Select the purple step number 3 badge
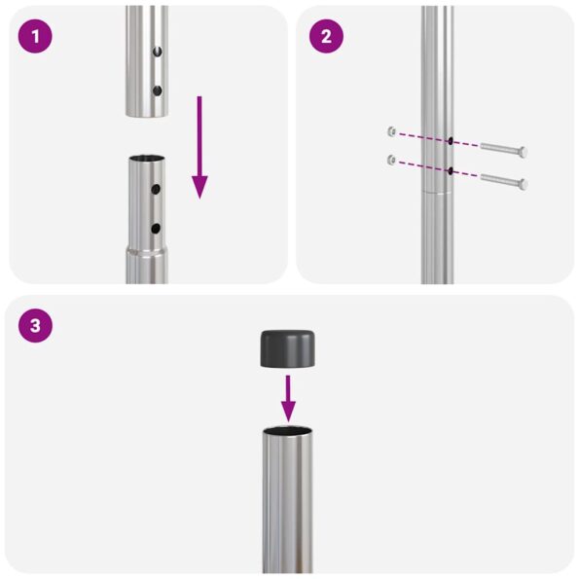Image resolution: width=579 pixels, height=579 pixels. tap(35, 325)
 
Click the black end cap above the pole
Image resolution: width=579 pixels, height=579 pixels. tap(289, 348)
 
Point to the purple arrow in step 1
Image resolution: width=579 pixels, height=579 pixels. tap(199, 146)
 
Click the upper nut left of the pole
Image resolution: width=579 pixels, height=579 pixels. tap(390, 130)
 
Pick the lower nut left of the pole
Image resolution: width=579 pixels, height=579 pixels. tap(390, 159)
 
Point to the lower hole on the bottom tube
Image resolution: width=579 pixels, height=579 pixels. tap(154, 229)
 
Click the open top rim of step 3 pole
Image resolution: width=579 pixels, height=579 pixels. tap(289, 430)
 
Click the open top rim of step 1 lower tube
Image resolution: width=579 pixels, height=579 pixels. tap(147, 160)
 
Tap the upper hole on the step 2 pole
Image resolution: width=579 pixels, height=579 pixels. tap(451, 140)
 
